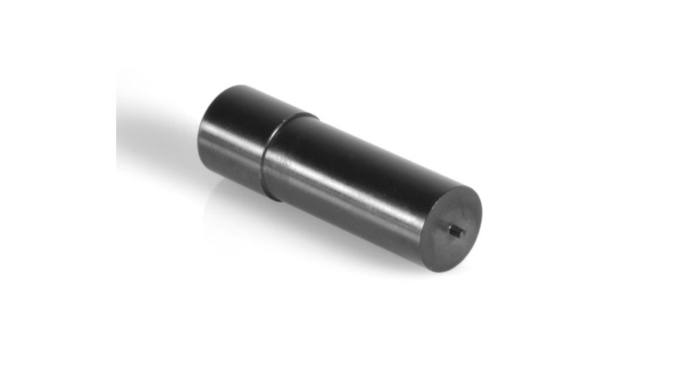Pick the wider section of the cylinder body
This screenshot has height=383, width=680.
(355, 181)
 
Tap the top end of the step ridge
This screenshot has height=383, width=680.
(306, 114)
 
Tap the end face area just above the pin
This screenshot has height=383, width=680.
(459, 212)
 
